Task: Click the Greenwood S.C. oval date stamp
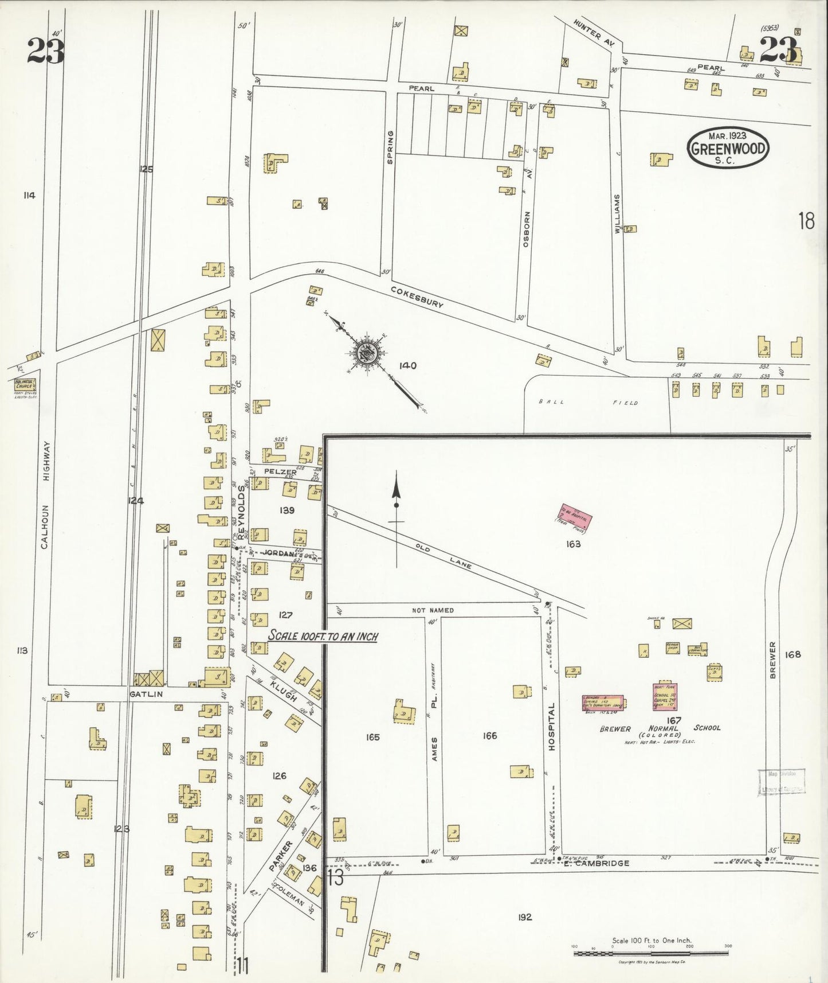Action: [x=728, y=147]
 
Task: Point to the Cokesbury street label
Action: [x=417, y=298]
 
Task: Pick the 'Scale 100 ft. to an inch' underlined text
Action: [x=323, y=636]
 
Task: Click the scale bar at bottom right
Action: [x=651, y=953]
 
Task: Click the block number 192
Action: [x=524, y=917]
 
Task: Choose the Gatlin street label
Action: [x=146, y=694]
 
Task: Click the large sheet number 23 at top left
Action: [x=45, y=50]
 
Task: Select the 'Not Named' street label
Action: [x=433, y=610]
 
